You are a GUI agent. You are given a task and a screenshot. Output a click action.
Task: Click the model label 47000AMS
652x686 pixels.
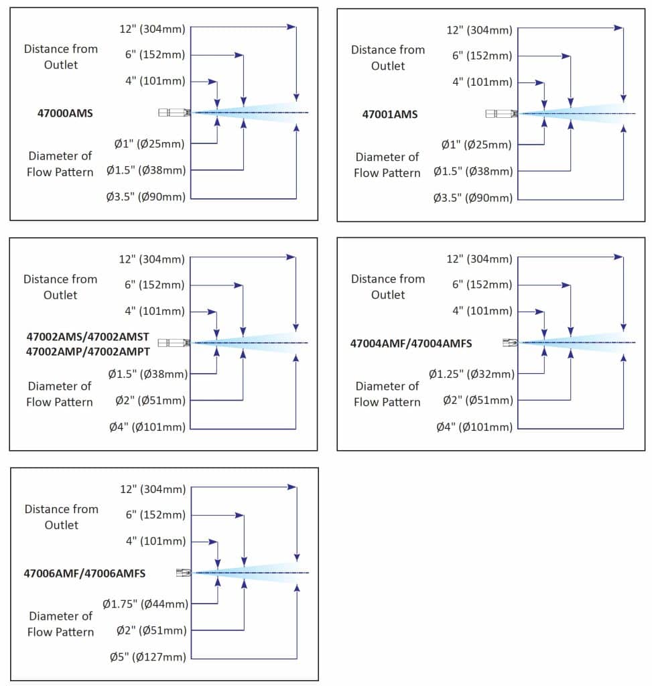coord(65,114)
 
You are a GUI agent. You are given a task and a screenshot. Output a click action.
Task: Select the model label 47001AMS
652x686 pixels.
coord(390,115)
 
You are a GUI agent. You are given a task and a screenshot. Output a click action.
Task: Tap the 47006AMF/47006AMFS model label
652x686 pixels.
coord(84,573)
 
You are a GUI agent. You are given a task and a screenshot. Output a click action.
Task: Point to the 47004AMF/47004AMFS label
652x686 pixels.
coord(411,344)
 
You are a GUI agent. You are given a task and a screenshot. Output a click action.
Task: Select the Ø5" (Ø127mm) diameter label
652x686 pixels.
coord(147,657)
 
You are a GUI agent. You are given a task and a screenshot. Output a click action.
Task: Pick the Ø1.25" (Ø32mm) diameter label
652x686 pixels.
coord(472,374)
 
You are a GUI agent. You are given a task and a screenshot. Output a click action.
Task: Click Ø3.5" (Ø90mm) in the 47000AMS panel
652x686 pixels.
coord(146,197)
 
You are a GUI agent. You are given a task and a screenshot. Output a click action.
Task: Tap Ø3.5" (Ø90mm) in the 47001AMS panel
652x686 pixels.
coord(473,198)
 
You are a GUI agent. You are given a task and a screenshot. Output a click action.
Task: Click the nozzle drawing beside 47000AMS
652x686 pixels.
coord(174,113)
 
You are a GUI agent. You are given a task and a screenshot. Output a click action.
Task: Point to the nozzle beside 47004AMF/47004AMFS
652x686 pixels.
coord(510,343)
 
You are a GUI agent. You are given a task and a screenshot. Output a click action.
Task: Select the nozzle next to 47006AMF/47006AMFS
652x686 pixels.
coord(183,573)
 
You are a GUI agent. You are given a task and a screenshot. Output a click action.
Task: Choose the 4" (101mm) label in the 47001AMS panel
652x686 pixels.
coord(482,82)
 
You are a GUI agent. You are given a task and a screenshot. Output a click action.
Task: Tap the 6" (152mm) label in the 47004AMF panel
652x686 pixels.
coord(482,285)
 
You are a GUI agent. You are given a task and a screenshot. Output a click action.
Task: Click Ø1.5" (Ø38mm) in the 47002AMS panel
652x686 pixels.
coord(147,373)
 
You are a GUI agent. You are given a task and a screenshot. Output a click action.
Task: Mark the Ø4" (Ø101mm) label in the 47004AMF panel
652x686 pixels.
coord(474,427)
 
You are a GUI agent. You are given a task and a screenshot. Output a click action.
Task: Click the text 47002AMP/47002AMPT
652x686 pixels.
coord(88,350)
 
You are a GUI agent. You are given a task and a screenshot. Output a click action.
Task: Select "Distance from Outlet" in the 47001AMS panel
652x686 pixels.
coord(388,58)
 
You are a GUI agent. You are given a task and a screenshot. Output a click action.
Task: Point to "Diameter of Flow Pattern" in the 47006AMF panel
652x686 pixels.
coord(60,624)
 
